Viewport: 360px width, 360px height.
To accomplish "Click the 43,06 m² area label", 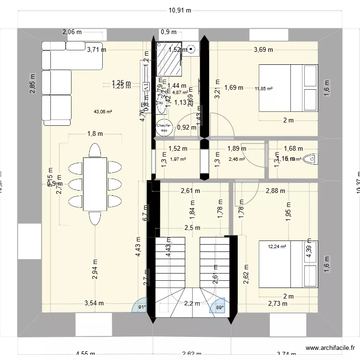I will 103,111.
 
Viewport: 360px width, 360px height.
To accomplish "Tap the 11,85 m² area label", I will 264,88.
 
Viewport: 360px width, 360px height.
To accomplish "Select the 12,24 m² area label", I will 277,247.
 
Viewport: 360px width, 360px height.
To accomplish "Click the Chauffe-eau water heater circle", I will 163,127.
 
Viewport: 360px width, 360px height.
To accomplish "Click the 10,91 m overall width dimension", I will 180,10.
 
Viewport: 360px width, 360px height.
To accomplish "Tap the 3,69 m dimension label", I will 263,49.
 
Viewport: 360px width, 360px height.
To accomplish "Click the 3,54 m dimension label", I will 95,303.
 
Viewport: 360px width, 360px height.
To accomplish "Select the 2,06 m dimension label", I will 72,32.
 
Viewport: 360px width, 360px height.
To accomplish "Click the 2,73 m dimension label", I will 278,303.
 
